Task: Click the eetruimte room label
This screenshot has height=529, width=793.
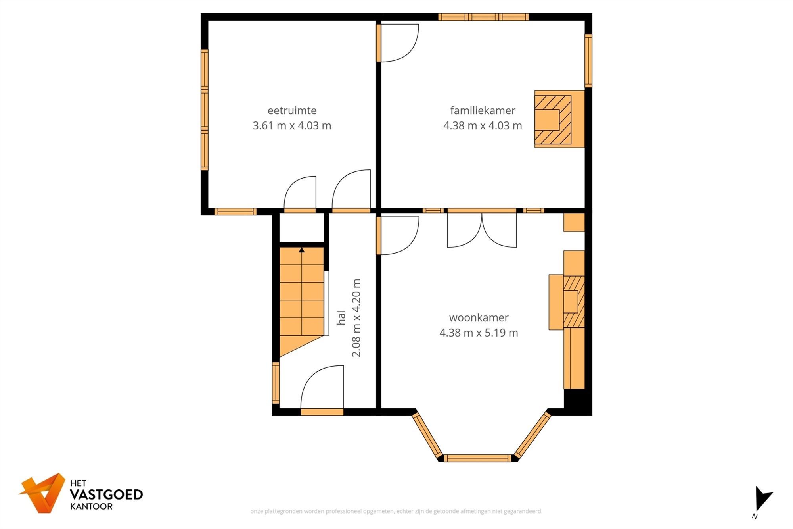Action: (x=292, y=110)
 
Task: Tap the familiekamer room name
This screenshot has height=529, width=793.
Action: (x=483, y=110)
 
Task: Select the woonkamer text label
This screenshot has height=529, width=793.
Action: (x=479, y=317)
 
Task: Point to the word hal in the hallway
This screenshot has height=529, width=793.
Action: (x=341, y=317)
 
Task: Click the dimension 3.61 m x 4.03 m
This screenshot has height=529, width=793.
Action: (x=292, y=126)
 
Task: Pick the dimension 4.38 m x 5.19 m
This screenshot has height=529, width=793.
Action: (x=479, y=333)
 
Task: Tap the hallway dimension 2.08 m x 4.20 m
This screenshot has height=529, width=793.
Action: (x=356, y=317)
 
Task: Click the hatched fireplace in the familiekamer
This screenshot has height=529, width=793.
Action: (x=553, y=119)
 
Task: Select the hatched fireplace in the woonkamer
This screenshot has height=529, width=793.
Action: (x=573, y=302)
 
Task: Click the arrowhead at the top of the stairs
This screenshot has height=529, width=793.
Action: (x=302, y=250)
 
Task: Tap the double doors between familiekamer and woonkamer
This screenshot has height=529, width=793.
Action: (x=482, y=230)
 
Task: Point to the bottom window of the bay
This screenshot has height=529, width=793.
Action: (x=477, y=458)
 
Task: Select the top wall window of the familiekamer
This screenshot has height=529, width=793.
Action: (x=483, y=17)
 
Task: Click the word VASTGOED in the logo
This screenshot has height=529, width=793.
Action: (x=106, y=494)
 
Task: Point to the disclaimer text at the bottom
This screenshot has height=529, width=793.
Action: (x=396, y=511)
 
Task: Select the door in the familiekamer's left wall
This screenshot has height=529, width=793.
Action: (x=379, y=43)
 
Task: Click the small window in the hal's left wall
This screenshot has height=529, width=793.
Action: (x=276, y=383)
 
